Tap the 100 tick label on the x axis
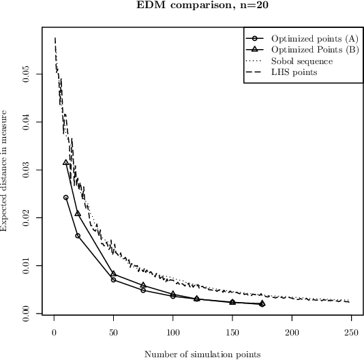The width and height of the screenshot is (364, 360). pyautogui.click(x=172, y=331)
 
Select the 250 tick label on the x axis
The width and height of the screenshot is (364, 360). pyautogui.click(x=351, y=331)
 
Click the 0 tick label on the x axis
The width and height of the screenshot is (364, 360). pyautogui.click(x=54, y=331)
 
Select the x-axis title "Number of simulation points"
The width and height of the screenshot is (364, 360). pyautogui.click(x=202, y=354)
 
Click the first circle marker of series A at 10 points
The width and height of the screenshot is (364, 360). pyautogui.click(x=66, y=197)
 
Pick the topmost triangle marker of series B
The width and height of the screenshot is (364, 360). pyautogui.click(x=66, y=162)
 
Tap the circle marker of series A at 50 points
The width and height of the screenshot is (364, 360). pyautogui.click(x=113, y=280)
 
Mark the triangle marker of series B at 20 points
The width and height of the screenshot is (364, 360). pyautogui.click(x=78, y=213)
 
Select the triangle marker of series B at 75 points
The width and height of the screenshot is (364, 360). pyautogui.click(x=143, y=285)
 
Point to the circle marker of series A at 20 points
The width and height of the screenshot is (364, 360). pyautogui.click(x=78, y=235)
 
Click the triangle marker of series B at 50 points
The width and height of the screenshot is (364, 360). pyautogui.click(x=113, y=273)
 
